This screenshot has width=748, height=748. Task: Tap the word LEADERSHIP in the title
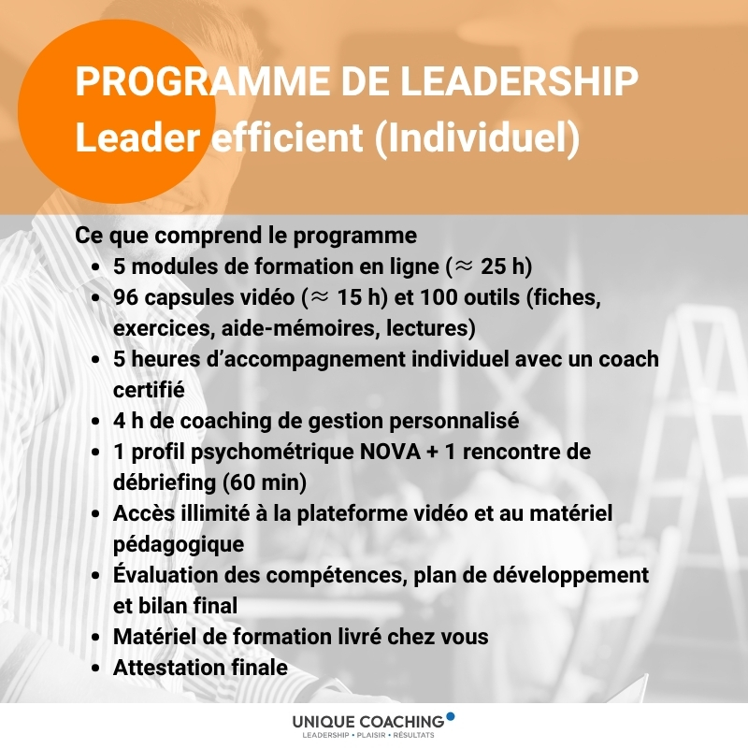(519, 81)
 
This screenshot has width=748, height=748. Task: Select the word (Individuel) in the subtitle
(477, 137)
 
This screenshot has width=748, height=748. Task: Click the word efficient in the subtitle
(287, 137)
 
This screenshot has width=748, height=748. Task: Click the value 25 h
(502, 266)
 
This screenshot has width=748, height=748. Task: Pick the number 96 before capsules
(126, 297)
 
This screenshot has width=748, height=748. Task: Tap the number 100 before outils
(439, 297)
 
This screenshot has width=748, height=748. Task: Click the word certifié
(149, 390)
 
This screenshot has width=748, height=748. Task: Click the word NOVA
(390, 452)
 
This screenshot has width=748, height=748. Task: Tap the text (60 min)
(265, 482)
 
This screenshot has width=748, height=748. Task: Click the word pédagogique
(179, 545)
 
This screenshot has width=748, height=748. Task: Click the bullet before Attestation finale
(96, 668)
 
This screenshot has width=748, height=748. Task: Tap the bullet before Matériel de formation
(96, 637)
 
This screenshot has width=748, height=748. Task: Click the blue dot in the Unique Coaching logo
(450, 716)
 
